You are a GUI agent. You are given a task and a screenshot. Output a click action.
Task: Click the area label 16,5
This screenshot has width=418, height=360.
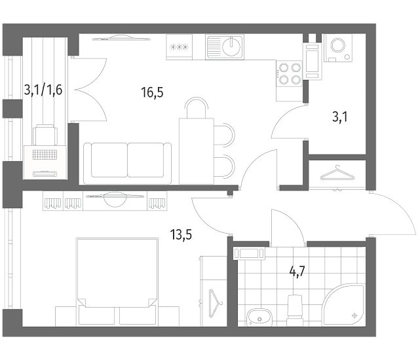[x=152, y=93]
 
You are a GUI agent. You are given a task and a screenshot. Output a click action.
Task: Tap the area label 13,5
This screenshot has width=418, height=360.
[x=181, y=235]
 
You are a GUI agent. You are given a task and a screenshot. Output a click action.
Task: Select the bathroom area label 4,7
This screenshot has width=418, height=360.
[x=297, y=272]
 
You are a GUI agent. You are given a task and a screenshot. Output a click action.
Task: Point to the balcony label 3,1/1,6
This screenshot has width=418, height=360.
[x=43, y=90]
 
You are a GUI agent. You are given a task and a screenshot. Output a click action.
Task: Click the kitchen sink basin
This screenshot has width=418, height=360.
[x=231, y=47]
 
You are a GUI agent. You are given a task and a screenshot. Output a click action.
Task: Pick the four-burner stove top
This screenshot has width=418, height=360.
[x=290, y=73]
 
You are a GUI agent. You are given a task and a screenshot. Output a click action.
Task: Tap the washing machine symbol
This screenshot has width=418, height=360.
[x=338, y=48]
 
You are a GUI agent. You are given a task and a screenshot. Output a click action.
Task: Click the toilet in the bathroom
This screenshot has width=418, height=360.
[x=295, y=310]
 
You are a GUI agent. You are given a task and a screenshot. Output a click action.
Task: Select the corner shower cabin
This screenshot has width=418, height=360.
[x=343, y=304]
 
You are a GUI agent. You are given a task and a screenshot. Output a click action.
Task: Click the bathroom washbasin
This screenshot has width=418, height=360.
[x=259, y=317]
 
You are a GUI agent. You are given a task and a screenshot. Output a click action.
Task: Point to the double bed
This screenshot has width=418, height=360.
[x=117, y=281]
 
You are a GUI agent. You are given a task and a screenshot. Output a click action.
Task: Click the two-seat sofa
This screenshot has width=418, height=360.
[x=127, y=163]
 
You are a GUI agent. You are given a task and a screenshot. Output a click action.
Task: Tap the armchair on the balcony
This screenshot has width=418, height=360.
[x=45, y=135]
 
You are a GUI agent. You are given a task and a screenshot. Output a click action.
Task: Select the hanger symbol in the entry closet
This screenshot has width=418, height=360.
[x=337, y=173]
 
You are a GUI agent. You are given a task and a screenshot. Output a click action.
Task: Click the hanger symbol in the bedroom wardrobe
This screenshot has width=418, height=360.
[x=216, y=303]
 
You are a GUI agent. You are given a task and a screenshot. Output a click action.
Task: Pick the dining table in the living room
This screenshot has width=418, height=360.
[x=197, y=151]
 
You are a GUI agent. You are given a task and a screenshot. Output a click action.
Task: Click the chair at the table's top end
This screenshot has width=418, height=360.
[x=197, y=108]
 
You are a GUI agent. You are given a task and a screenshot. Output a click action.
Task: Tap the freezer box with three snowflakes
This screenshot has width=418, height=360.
[x=179, y=47]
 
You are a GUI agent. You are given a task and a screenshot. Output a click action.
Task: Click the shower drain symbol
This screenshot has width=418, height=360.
[x=354, y=315]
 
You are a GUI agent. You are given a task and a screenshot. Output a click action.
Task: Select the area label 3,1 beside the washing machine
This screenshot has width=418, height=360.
[x=340, y=117]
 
